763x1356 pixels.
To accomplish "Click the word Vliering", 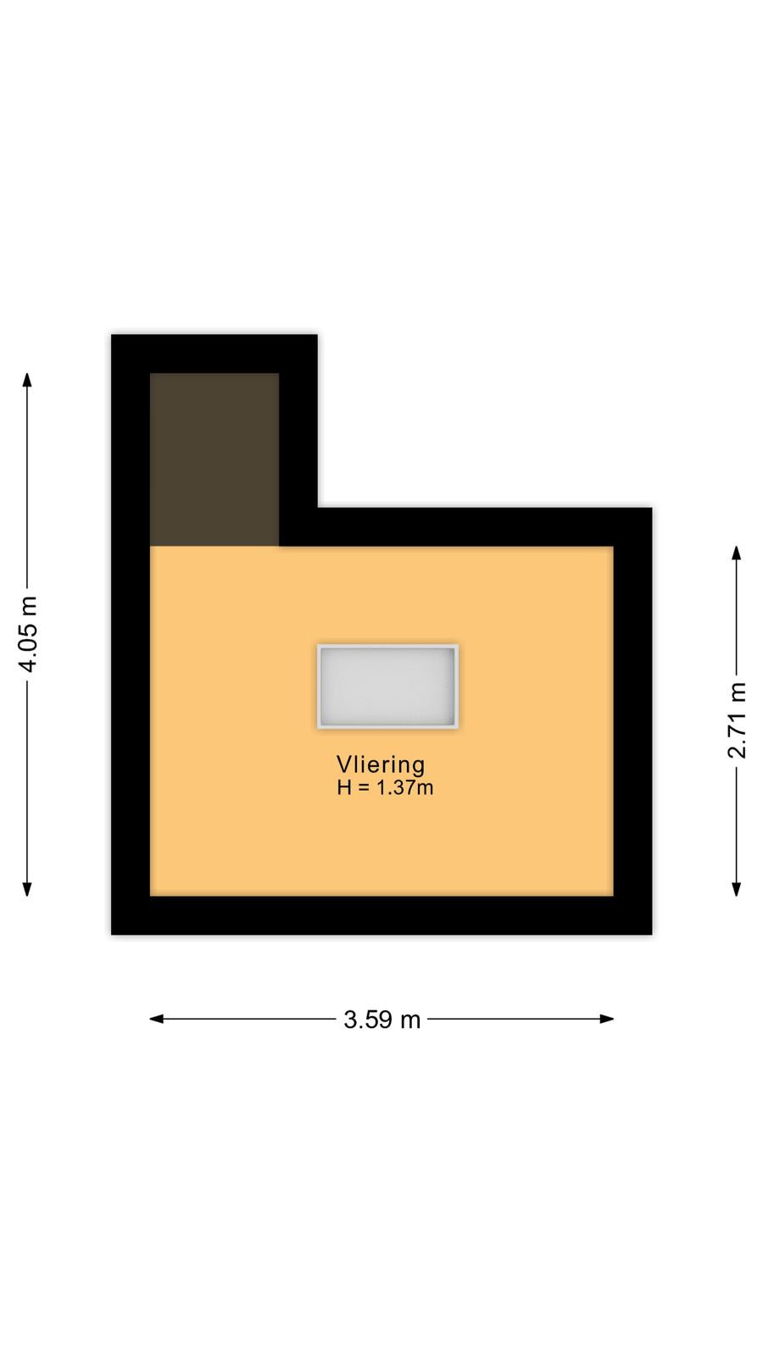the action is tap(381, 765).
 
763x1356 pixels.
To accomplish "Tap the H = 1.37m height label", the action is tap(385, 787).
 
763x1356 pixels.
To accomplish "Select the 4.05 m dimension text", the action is tap(28, 634).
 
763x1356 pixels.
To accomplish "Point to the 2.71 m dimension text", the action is tap(737, 720).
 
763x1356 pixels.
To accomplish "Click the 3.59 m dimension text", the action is tap(382, 1020).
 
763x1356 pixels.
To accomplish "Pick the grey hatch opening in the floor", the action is tap(388, 686).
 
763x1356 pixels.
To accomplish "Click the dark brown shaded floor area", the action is tap(214, 459).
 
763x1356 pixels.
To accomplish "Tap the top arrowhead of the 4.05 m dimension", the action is tap(27, 380).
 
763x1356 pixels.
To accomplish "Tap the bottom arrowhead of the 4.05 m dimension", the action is tap(27, 889).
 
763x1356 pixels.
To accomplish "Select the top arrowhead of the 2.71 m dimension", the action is tap(737, 553).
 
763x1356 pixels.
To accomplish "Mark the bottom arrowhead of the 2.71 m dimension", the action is tap(737, 889).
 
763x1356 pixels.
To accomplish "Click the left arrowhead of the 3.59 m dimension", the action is tap(157, 1019).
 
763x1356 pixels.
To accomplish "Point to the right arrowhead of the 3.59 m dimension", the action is tap(607, 1019).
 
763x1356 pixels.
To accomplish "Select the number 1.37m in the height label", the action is tap(405, 787).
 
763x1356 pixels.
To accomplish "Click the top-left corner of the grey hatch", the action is tap(317, 645).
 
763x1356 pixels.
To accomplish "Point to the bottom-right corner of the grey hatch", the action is tap(459, 728).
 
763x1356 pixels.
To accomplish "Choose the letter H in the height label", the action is tap(344, 787).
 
